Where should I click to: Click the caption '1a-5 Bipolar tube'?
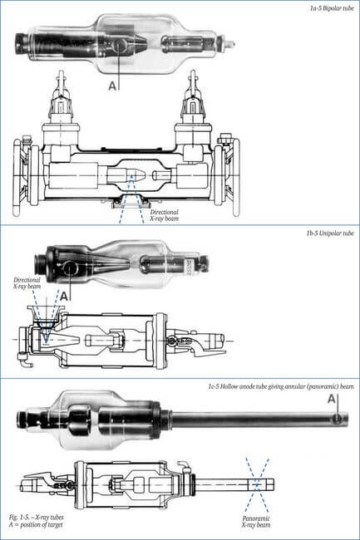point(332,8)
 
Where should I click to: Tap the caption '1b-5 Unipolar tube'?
point(330,233)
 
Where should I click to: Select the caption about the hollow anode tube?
point(281,386)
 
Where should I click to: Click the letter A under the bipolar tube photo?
point(112,86)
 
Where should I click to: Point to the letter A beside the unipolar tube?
point(64,296)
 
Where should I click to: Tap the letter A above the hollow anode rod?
point(332,399)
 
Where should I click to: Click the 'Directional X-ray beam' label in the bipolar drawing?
point(165,215)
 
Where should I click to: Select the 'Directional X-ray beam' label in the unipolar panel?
point(27,283)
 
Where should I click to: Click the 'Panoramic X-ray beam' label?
point(256,522)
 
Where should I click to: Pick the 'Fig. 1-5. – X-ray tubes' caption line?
point(37,518)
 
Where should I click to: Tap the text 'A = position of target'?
point(36,525)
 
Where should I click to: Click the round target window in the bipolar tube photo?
point(119,45)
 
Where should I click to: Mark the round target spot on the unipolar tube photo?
point(70,268)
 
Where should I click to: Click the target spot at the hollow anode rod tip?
point(338,419)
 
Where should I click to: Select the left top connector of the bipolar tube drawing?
point(61,103)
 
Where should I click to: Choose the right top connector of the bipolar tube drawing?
point(193,103)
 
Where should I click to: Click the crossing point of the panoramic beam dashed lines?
point(257,484)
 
